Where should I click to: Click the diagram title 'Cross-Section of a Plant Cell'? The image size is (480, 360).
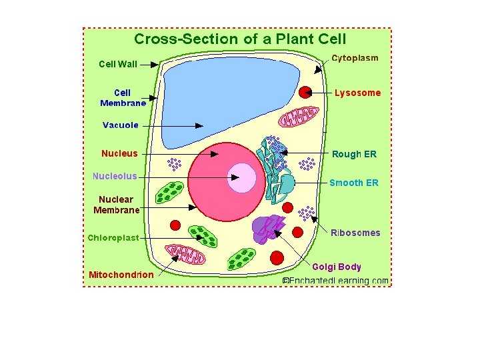pos(239,39)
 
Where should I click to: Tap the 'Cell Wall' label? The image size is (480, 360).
pos(118,65)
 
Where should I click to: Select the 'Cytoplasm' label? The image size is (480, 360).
pos(355,58)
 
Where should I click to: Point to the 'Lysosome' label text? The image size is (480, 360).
pos(357,93)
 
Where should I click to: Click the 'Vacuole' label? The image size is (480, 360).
pos(120,125)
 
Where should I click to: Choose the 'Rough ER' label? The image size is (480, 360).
pos(354,154)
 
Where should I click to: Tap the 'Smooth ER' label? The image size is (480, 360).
pos(354,183)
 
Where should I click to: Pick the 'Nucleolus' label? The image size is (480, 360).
pos(115,177)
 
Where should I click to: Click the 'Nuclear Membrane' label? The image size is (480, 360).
pos(116,205)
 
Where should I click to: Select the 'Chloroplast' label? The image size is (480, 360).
pos(113,237)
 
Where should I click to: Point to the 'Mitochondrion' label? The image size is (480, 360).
pos(121,275)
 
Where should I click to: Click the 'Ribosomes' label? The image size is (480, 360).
pos(355,233)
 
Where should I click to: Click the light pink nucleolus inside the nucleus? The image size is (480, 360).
pos(241,177)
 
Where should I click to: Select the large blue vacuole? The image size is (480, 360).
pos(227,100)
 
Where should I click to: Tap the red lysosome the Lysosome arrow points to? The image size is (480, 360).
pos(306,93)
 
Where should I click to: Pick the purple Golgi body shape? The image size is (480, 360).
pos(267,228)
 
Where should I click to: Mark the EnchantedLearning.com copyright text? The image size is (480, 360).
pos(335,281)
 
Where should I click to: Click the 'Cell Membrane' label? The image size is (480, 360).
pos(123,98)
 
